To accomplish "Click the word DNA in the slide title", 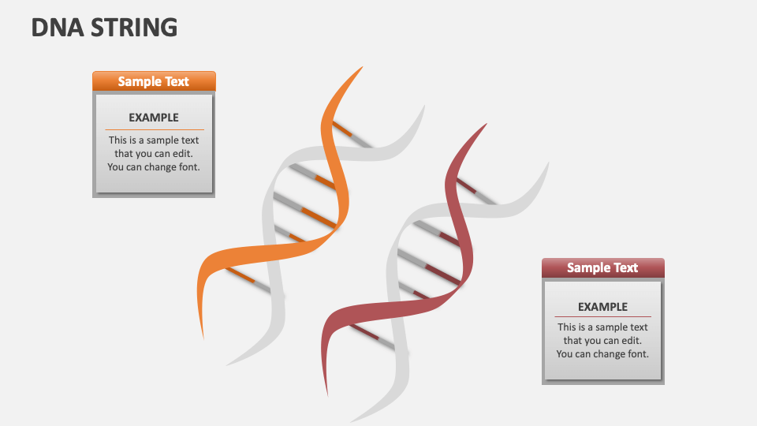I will pos(58,28).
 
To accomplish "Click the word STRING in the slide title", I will pos(134,28).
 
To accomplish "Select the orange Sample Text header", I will pos(154,81).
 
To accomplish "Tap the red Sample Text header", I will pos(602,268).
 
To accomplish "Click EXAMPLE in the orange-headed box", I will pos(154,118).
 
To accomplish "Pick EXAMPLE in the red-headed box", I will pos(602,307).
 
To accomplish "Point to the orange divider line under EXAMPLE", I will pos(154,129).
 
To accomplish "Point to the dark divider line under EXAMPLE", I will pos(602,317).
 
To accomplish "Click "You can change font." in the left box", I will pos(154,167).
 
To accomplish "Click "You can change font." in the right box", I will pos(602,354).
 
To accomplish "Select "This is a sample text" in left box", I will pos(154,140).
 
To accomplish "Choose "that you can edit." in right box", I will pos(602,341).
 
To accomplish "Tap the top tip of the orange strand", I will pos(361,68).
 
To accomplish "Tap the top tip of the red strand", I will pos(485,125).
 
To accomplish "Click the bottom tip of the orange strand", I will pos(203,337).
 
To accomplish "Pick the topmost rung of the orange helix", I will pos(351,133).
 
